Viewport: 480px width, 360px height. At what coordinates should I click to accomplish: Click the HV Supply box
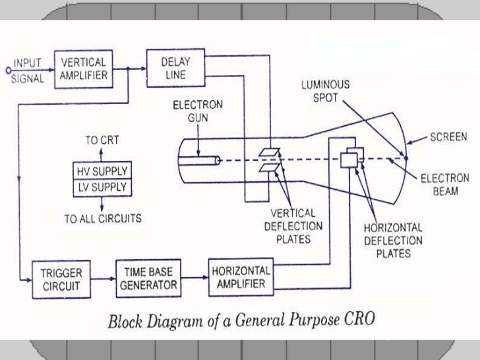(100, 171)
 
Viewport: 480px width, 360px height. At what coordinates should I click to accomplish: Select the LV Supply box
(100, 187)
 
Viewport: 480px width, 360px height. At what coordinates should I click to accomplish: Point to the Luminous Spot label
(326, 90)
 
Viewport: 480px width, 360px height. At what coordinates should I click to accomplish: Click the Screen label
(448, 137)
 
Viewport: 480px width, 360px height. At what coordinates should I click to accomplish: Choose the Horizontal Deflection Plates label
(394, 239)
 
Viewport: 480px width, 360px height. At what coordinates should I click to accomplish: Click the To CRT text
(100, 140)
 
